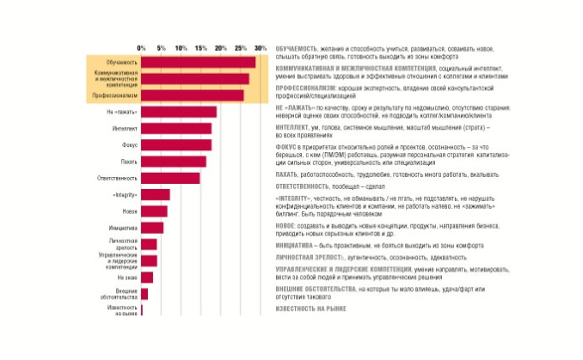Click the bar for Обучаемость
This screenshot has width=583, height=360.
(x=198, y=63)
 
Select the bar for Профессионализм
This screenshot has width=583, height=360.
(x=193, y=95)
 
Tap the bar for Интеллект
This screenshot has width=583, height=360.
(x=175, y=128)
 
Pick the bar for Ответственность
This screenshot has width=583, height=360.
(x=170, y=178)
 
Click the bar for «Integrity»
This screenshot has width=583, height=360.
(x=155, y=194)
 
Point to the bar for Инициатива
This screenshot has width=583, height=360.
(x=151, y=228)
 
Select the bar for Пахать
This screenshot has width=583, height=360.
(x=173, y=162)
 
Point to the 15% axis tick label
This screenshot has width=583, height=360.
(x=201, y=47)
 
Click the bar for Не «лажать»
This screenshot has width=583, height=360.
(x=179, y=113)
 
